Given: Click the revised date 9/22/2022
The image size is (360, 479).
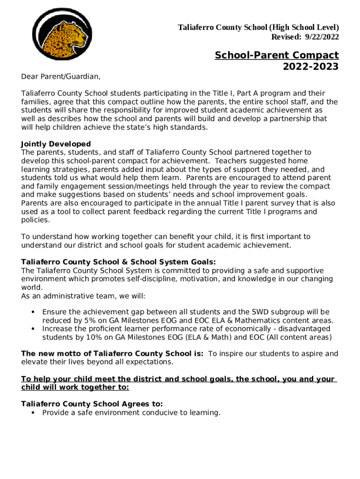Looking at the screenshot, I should [322, 37].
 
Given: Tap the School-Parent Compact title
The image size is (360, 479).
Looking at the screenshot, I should [277, 55].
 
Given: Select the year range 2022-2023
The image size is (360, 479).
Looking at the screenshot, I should [310, 66].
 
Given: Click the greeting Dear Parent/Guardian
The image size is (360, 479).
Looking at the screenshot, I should [61, 76].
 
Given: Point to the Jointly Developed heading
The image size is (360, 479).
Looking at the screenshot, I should [56, 144].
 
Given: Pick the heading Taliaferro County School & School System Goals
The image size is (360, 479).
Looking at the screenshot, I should [119, 262].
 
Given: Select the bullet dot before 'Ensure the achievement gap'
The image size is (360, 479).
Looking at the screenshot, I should [33, 312].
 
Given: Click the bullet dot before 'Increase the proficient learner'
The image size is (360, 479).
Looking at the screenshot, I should [33, 329].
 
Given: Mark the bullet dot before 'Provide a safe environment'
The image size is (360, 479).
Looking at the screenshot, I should [33, 413].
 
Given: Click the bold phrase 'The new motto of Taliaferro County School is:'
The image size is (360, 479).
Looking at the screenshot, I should [112, 354].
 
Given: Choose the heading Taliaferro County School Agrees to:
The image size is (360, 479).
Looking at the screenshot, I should [92, 404].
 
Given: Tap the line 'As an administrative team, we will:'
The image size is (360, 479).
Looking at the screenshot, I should [83, 296].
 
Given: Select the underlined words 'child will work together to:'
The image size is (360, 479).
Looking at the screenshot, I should [75, 388].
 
